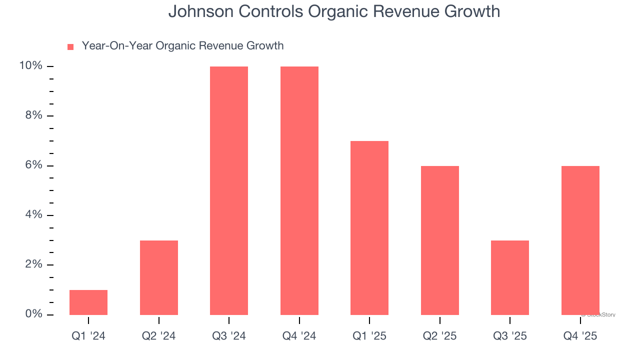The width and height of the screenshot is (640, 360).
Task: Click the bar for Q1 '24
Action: [x=88, y=302]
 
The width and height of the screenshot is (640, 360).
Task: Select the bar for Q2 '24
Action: [x=159, y=277]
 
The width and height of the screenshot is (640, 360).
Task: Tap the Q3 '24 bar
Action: [x=229, y=190]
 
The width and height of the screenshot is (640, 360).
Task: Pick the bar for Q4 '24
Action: [x=299, y=190]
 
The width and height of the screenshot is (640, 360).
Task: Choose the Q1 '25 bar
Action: [x=369, y=228]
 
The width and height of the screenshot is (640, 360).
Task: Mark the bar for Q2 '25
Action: [x=440, y=240]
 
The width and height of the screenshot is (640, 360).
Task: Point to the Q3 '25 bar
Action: [x=510, y=277]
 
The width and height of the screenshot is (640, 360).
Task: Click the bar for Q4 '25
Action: [x=580, y=240]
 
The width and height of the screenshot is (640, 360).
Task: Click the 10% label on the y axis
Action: [x=31, y=66]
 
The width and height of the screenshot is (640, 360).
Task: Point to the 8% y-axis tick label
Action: [x=33, y=115]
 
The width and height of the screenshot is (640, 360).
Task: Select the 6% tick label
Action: [x=33, y=165]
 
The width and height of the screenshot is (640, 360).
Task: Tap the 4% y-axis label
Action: [x=33, y=215]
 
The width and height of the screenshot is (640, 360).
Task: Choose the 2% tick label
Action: [x=33, y=264]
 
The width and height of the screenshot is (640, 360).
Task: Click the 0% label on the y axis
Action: [x=33, y=314]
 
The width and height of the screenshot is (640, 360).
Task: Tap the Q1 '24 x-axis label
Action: [x=88, y=336]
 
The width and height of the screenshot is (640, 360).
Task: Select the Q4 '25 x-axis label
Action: [x=580, y=336]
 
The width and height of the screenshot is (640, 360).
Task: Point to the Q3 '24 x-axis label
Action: [x=229, y=336]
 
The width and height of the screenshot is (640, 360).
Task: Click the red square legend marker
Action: [x=70, y=47]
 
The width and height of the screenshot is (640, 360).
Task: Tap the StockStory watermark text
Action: [x=599, y=315]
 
